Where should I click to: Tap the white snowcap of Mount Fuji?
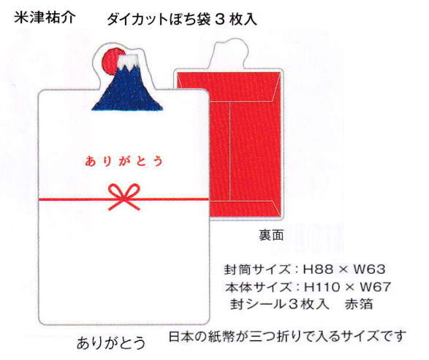[x=129, y=61]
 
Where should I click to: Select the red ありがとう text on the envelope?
[x=124, y=161]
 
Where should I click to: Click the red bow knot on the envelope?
[x=124, y=196]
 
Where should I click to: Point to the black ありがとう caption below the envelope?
[x=111, y=342]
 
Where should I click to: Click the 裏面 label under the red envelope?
[x=271, y=235]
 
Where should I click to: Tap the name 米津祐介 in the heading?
[x=45, y=18]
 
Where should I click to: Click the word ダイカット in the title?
[x=137, y=20]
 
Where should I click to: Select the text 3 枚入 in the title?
[x=236, y=20]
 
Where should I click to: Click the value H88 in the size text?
[x=318, y=269]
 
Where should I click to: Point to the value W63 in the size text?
[x=369, y=269]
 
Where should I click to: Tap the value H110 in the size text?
[x=322, y=287]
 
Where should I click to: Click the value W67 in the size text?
[x=375, y=287]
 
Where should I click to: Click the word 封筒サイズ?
[x=257, y=269]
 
